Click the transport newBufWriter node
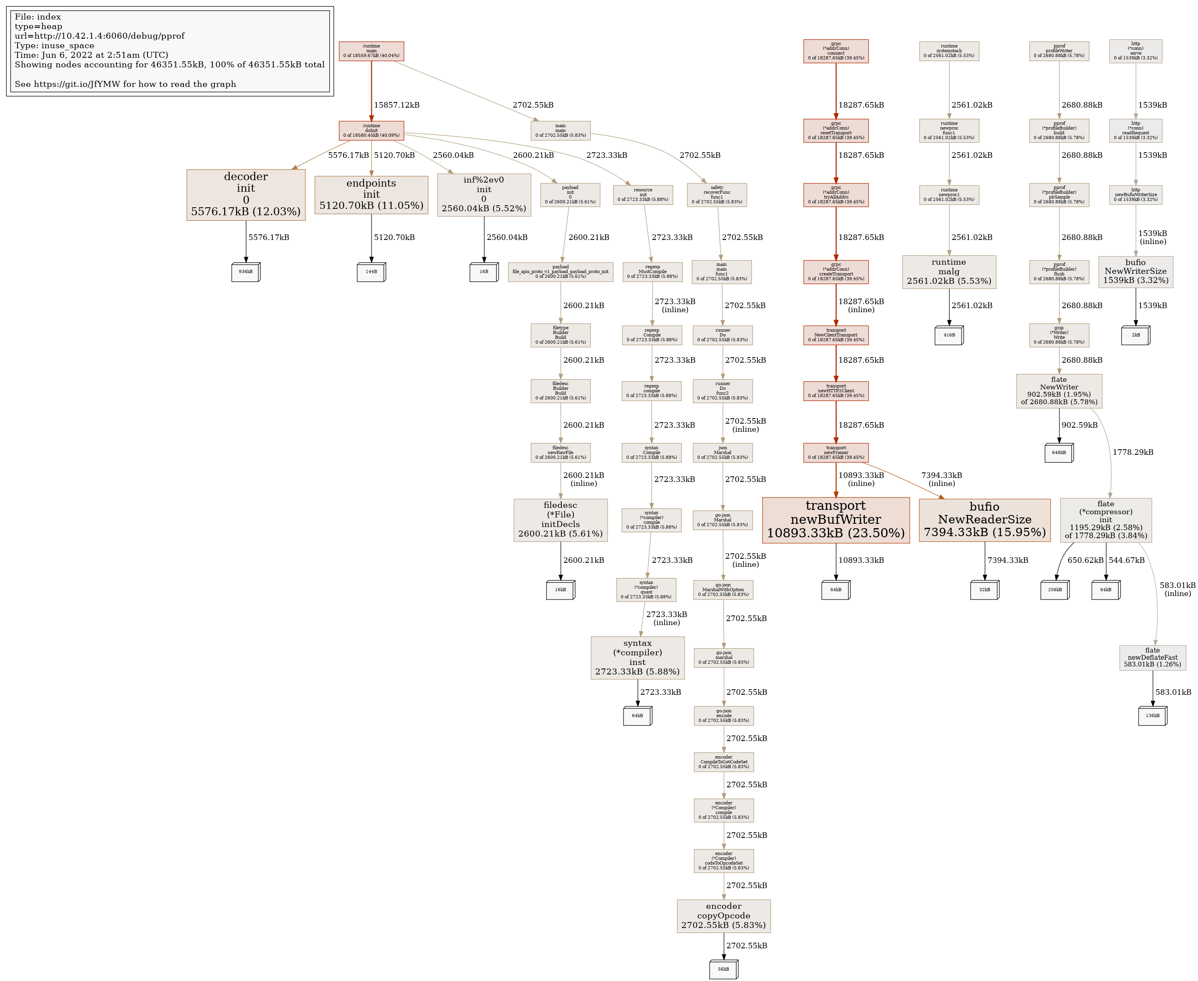click(x=835, y=520)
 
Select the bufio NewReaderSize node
click(x=984, y=520)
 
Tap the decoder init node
click(x=246, y=195)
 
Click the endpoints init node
click(x=371, y=195)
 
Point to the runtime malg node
click(x=949, y=272)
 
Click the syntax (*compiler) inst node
click(x=637, y=658)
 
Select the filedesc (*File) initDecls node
click(x=561, y=520)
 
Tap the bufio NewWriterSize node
click(x=1135, y=272)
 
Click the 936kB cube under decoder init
click(x=246, y=272)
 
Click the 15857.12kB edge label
click(x=397, y=105)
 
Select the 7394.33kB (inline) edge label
click(x=941, y=479)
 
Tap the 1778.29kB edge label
click(x=1133, y=452)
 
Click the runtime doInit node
click(x=371, y=130)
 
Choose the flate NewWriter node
click(x=1059, y=391)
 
